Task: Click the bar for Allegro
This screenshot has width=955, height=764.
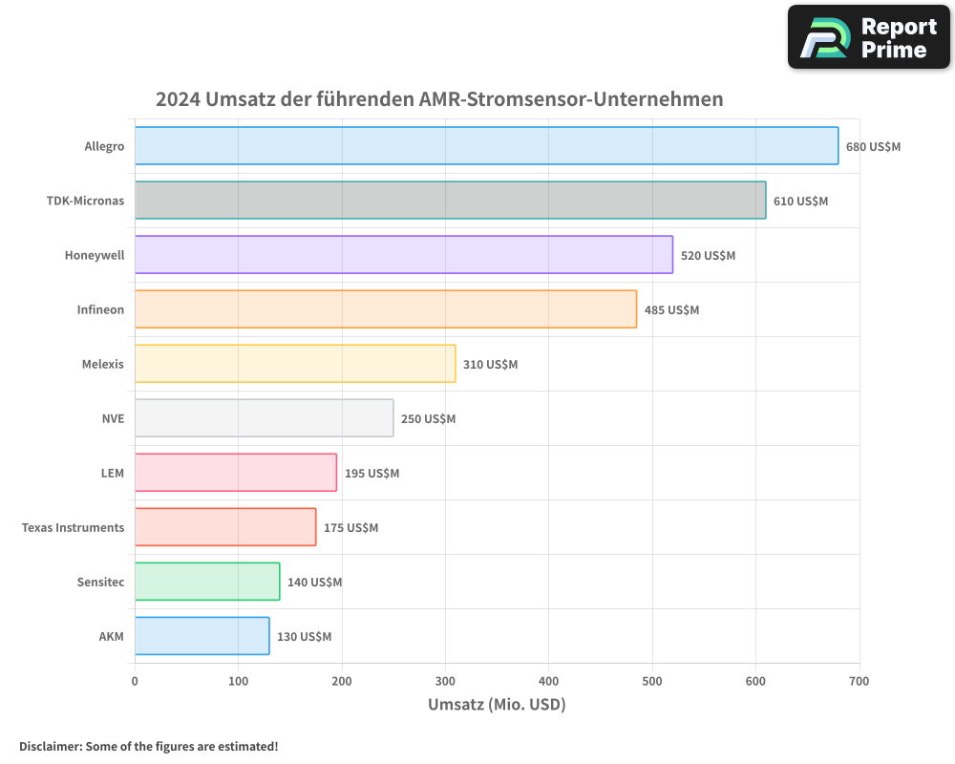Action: pos(486,146)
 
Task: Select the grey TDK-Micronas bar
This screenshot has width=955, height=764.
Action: pos(450,201)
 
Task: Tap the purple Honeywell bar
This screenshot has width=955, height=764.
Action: pos(403,255)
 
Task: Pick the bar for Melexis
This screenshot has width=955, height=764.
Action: pos(295,364)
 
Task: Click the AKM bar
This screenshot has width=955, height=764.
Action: pos(202,636)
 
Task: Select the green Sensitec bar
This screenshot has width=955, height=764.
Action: pos(207,582)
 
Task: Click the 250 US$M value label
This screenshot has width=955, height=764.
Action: pos(428,419)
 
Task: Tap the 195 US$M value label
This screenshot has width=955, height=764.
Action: pos(371,474)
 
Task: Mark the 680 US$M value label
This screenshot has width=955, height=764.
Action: pos(873,147)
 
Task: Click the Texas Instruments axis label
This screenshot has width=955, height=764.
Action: pos(73,528)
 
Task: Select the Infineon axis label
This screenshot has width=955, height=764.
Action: pos(100,310)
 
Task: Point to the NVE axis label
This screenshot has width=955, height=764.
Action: pos(113,419)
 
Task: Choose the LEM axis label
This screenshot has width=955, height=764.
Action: pos(113,474)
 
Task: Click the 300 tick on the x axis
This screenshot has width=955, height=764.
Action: pos(445,681)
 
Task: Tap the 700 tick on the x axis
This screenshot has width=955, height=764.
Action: pos(859,681)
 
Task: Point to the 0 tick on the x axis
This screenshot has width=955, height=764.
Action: pos(135,681)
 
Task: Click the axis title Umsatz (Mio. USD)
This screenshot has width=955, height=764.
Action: pos(497,705)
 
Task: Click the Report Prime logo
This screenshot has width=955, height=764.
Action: pos(868,37)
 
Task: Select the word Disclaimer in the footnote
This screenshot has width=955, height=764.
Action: pos(49,746)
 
